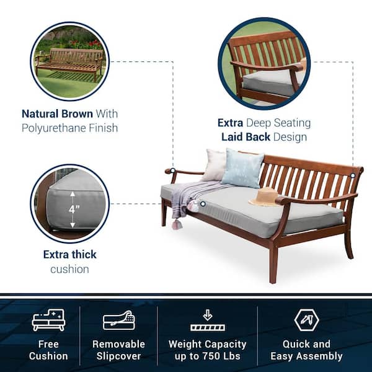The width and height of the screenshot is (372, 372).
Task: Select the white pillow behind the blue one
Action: coord(215,165)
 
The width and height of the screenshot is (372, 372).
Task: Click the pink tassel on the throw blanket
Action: coord(179,224)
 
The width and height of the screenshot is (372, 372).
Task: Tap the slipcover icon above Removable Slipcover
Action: coord(118,320)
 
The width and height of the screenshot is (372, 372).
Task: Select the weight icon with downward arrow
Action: coord(207,320)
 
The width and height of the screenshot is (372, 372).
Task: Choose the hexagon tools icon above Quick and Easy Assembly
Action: coord(306,319)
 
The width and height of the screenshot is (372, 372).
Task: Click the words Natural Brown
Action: coord(57,114)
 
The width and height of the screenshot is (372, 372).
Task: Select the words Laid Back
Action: coord(245,137)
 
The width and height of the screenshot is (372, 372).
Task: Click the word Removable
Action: coord(118,343)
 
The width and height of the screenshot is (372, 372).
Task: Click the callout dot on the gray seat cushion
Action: coord(202,203)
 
